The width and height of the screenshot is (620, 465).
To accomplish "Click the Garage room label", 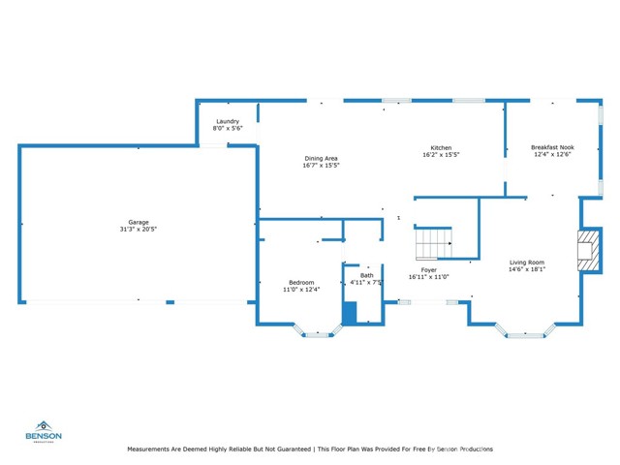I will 139,222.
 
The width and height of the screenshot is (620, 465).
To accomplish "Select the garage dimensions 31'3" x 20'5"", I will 139,230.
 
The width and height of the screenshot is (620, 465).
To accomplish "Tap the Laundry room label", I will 228,121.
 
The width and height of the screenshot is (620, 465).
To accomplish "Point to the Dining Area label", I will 321,158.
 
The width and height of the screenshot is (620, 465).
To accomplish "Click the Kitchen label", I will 440,147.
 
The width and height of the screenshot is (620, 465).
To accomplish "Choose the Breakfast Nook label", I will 551,147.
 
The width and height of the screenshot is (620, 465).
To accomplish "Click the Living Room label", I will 528,262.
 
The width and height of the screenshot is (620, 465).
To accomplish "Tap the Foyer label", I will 428,270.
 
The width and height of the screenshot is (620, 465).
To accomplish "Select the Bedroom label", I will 301,282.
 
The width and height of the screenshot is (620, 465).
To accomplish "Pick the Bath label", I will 367,275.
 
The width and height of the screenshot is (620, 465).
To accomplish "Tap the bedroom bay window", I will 318,334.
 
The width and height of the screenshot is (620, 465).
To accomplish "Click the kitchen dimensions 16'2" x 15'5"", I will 440,155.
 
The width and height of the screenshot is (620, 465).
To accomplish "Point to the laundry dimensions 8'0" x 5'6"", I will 228,129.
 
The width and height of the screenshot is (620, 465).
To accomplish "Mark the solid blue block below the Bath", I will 351,314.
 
